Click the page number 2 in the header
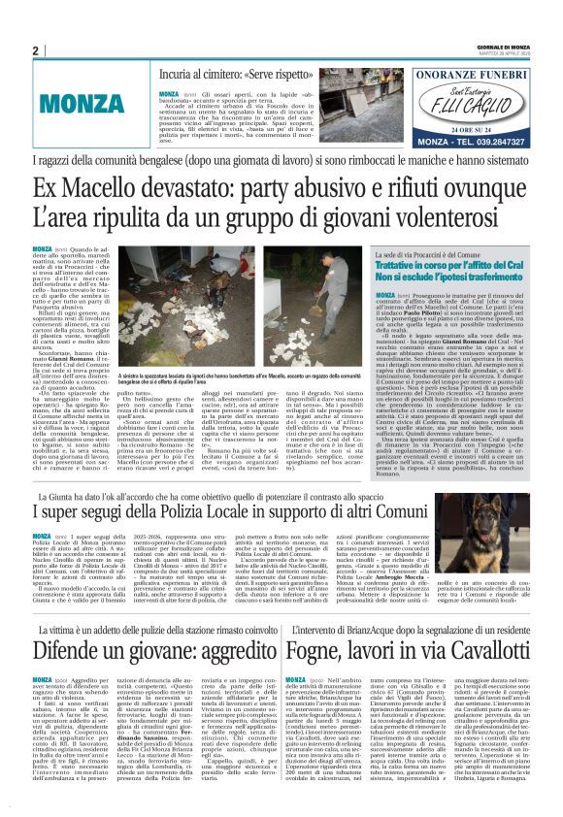pyautogui.click(x=35, y=51)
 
